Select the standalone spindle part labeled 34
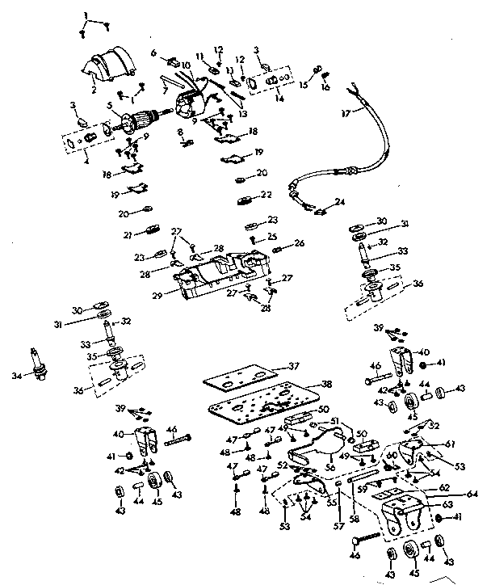(x=36, y=360)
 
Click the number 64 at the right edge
(x=471, y=494)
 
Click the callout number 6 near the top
(x=153, y=53)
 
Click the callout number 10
(x=186, y=64)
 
